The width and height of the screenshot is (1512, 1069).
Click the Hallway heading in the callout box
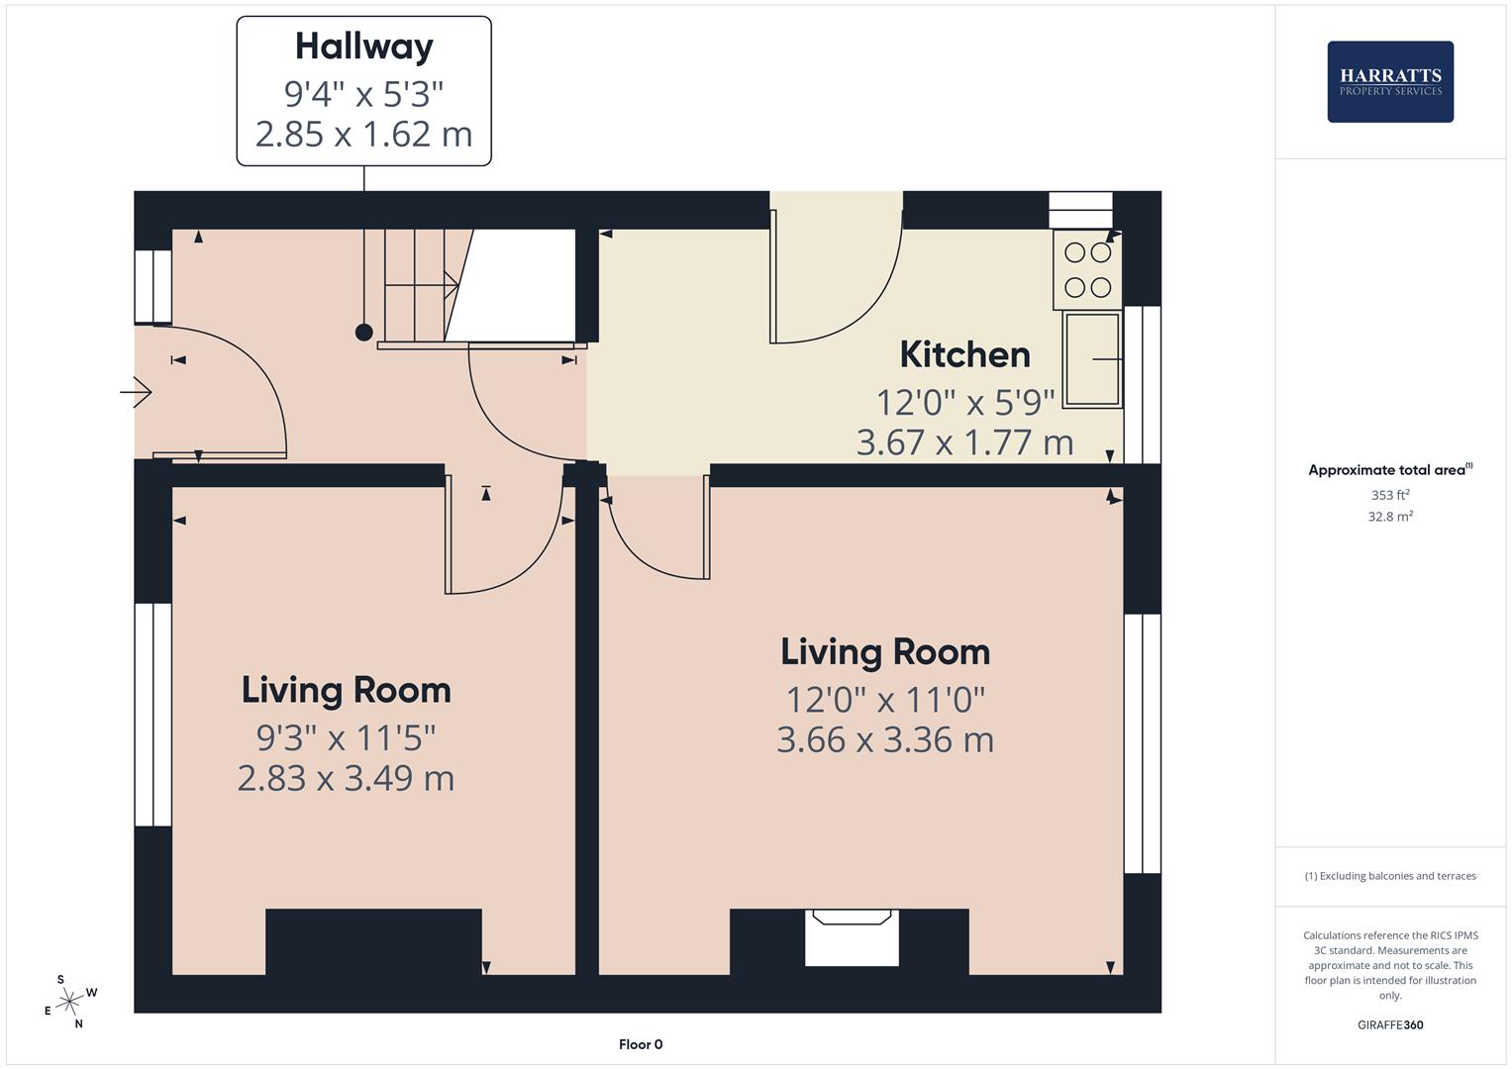363,48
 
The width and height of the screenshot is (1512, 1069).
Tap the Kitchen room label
964,355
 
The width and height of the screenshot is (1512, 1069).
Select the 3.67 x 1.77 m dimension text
964,442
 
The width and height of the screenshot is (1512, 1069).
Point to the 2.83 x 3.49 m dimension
346,778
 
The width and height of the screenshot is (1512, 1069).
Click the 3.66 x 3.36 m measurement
885,739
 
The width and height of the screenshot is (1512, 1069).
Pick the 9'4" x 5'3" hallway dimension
363,94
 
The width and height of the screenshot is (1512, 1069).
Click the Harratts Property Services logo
1390,81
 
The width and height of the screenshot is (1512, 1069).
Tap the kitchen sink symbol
1092,359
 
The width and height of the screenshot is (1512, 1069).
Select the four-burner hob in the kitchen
1087,270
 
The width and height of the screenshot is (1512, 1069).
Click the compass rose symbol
69,1001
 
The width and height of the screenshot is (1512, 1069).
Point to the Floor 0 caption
641,1044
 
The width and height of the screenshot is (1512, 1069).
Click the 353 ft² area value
1390,495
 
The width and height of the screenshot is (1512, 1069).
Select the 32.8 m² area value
1390,517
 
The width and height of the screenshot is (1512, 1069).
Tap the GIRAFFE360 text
1390,1025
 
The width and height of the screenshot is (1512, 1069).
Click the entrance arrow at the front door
136,392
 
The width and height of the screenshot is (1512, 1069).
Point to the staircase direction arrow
422,285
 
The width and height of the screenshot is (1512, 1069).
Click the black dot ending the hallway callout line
363,332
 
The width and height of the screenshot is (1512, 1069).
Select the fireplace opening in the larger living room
852,937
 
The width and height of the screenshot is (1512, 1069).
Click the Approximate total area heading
1390,470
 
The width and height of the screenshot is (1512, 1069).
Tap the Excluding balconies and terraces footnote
1390,876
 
